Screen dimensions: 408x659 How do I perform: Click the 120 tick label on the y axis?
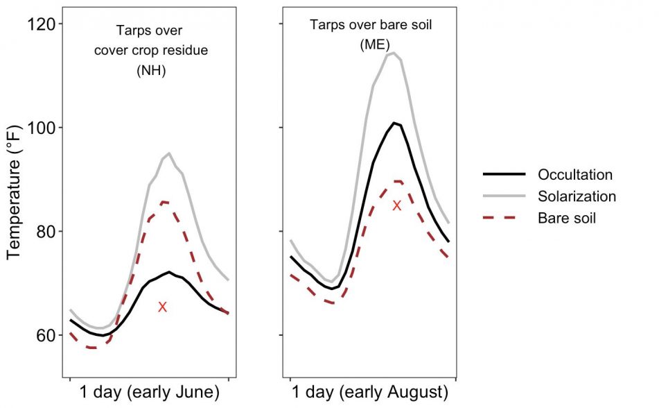40,24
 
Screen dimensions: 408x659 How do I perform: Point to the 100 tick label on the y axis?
40,128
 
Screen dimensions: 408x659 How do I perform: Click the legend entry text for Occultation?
575,175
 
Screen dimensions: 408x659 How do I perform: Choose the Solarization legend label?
577,196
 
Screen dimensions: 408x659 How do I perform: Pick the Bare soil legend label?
566,218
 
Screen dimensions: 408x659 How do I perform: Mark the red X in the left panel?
163,307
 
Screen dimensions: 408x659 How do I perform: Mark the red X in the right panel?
396,205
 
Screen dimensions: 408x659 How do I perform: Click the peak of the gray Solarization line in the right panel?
393,53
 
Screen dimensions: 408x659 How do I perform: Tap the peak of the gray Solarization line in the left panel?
169,153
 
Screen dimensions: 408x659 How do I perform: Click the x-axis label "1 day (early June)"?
150,392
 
